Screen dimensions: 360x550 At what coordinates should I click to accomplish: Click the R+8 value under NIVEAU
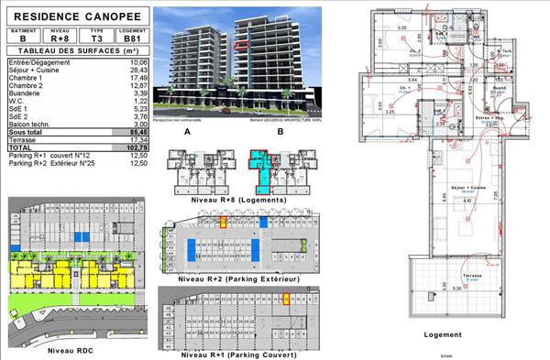click(60, 38)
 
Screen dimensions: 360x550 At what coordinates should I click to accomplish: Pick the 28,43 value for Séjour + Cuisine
click(138, 68)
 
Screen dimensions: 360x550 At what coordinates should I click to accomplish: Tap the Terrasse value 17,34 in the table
click(138, 139)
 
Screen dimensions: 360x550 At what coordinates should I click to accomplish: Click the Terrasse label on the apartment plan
click(471, 274)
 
